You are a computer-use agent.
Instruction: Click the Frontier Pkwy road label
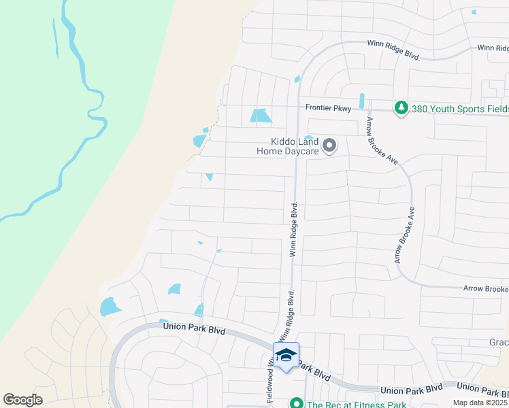coord(328,108)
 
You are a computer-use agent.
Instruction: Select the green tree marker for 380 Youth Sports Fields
coord(401,108)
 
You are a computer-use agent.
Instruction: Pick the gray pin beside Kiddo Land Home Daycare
coord(330,146)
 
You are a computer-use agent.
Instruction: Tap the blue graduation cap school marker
coord(286,356)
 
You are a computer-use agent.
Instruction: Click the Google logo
coord(22,400)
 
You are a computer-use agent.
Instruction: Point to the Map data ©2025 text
coord(480,403)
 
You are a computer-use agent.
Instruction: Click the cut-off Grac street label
coord(499,342)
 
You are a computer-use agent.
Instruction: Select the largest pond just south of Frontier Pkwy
coord(260,116)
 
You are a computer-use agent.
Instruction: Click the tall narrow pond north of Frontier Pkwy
coord(361,101)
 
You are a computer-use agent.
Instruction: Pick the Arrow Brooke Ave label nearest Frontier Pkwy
coord(381,141)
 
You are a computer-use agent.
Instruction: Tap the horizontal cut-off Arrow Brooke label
coord(486,289)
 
